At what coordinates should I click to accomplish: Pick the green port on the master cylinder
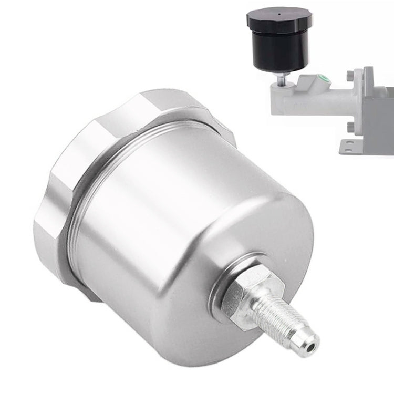326,80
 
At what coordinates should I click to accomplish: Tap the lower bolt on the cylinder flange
349,126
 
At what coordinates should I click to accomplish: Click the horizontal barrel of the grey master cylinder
305,97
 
